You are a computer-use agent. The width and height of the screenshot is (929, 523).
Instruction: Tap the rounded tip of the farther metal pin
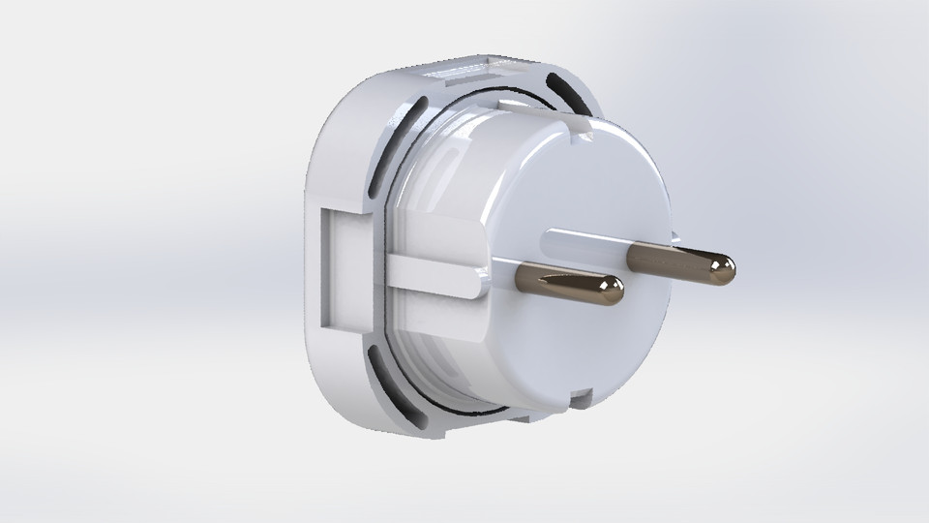coord(723,268)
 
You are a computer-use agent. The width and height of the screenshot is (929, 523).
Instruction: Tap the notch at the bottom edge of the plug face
coord(581,398)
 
